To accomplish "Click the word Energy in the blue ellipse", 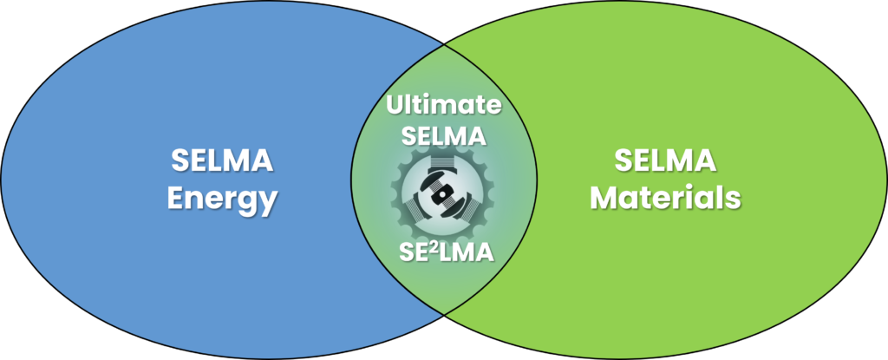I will pyautogui.click(x=221, y=200).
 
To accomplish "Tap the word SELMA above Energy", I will pyautogui.click(x=221, y=161).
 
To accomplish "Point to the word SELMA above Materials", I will pyautogui.click(x=665, y=160).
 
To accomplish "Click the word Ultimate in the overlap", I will pyautogui.click(x=444, y=107).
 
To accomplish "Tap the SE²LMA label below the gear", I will pyautogui.click(x=444, y=252).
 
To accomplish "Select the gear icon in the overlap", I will pyautogui.click(x=443, y=193).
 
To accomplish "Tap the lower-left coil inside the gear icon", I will pyautogui.click(x=422, y=209).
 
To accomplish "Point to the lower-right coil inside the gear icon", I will pyautogui.click(x=466, y=209).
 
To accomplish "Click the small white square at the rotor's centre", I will pyautogui.click(x=444, y=193).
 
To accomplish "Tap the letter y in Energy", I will pyautogui.click(x=268, y=203).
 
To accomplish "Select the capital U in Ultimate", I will pyautogui.click(x=395, y=107).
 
